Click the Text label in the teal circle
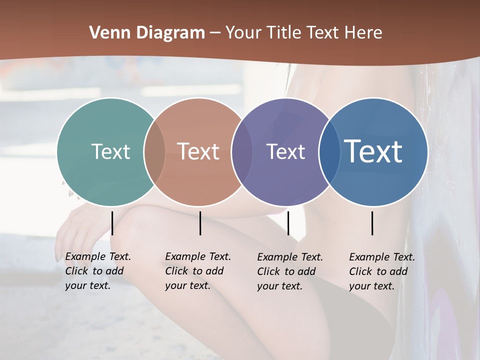coord(110,151)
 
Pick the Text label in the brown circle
coord(198,151)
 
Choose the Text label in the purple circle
coord(285,151)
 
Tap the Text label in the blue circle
coord(373,151)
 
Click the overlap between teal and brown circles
coord(154,151)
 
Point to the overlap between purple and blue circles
coord(328,151)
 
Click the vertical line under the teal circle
coord(112,223)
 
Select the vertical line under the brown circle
coord(200,223)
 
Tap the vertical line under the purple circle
coord(288,223)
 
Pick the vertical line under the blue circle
coord(372,223)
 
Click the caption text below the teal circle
coord(98,271)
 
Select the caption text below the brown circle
coord(198,271)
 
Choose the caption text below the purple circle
coord(290,271)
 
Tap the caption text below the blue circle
coord(382,271)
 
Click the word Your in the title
coord(244,33)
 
